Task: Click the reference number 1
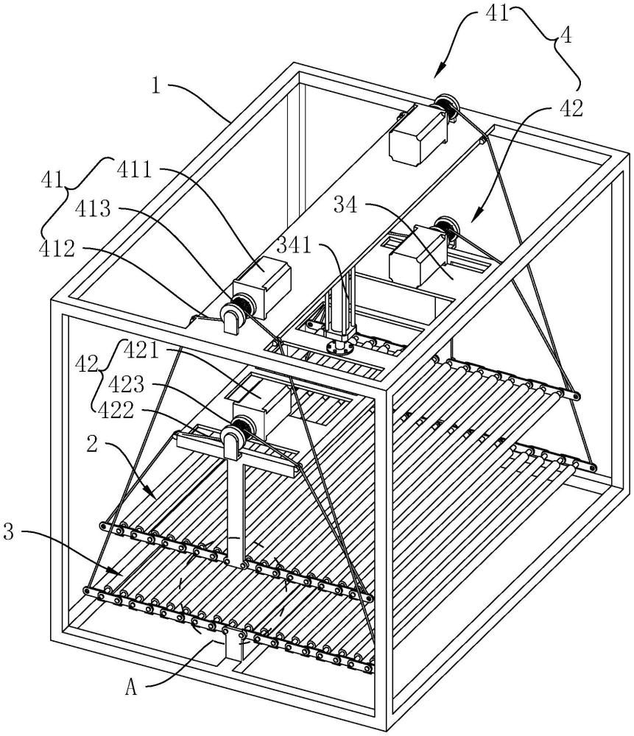156,86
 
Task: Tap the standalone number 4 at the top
566,35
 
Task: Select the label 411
134,170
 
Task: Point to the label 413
93,208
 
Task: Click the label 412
57,249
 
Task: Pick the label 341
295,244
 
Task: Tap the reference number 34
345,204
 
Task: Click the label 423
127,384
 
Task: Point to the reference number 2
93,444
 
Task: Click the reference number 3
9,532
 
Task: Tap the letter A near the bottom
132,687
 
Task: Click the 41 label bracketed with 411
53,180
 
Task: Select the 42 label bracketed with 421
87,364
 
